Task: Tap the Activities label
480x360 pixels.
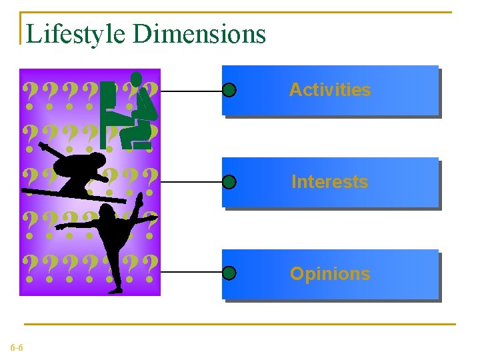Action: (x=330, y=90)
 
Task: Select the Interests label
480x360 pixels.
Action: (x=330, y=182)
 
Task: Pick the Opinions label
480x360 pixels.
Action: (x=330, y=274)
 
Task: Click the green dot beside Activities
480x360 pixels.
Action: (x=229, y=90)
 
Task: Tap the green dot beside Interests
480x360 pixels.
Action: (x=229, y=181)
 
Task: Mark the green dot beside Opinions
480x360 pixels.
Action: (x=229, y=273)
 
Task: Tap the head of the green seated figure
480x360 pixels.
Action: (x=137, y=77)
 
